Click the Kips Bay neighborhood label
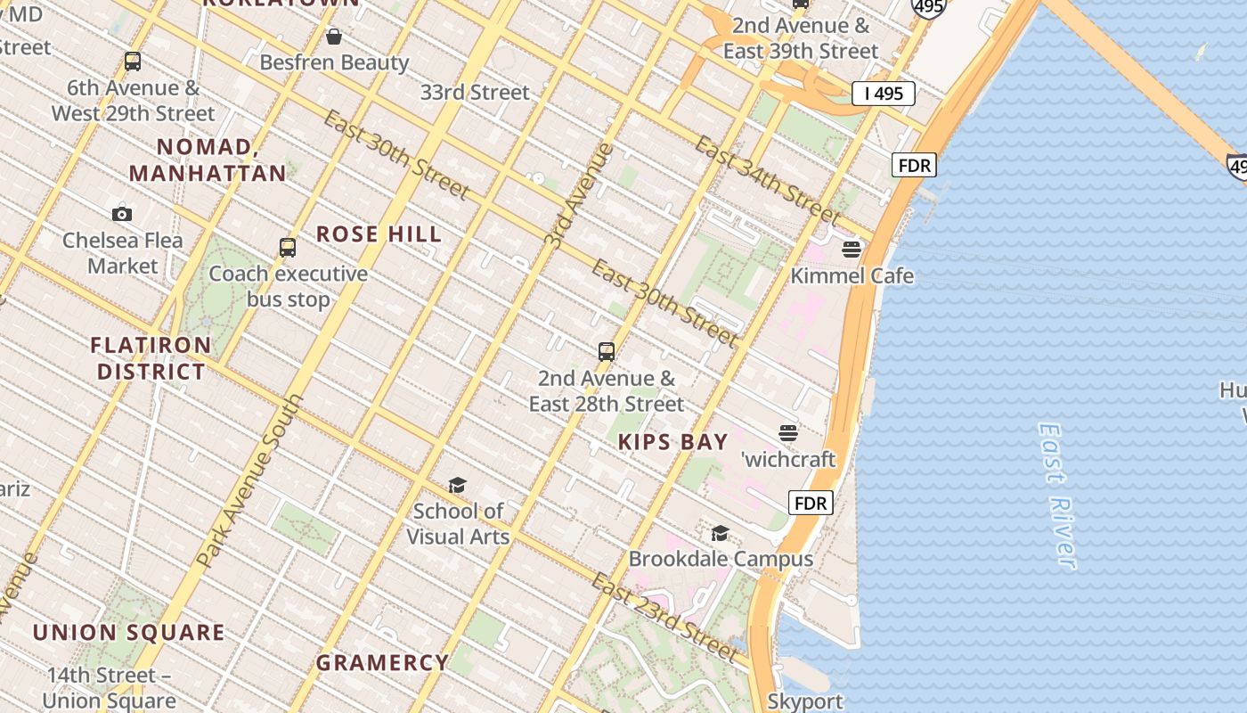(x=673, y=442)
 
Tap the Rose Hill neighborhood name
(x=379, y=234)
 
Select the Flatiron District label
(x=151, y=358)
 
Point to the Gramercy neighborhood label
(x=383, y=663)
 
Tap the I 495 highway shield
(x=883, y=94)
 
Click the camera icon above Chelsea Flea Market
(x=122, y=214)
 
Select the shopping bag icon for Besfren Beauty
(x=334, y=37)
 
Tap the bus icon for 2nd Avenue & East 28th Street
(x=607, y=352)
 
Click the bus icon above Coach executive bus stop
(x=288, y=248)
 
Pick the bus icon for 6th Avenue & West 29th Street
(x=133, y=61)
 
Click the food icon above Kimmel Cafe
(x=852, y=249)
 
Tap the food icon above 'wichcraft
(x=788, y=433)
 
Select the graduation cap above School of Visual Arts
(x=457, y=485)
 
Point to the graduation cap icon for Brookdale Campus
(x=720, y=533)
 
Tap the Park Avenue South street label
(x=250, y=481)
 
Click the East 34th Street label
(x=767, y=180)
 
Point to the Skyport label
(x=805, y=701)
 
